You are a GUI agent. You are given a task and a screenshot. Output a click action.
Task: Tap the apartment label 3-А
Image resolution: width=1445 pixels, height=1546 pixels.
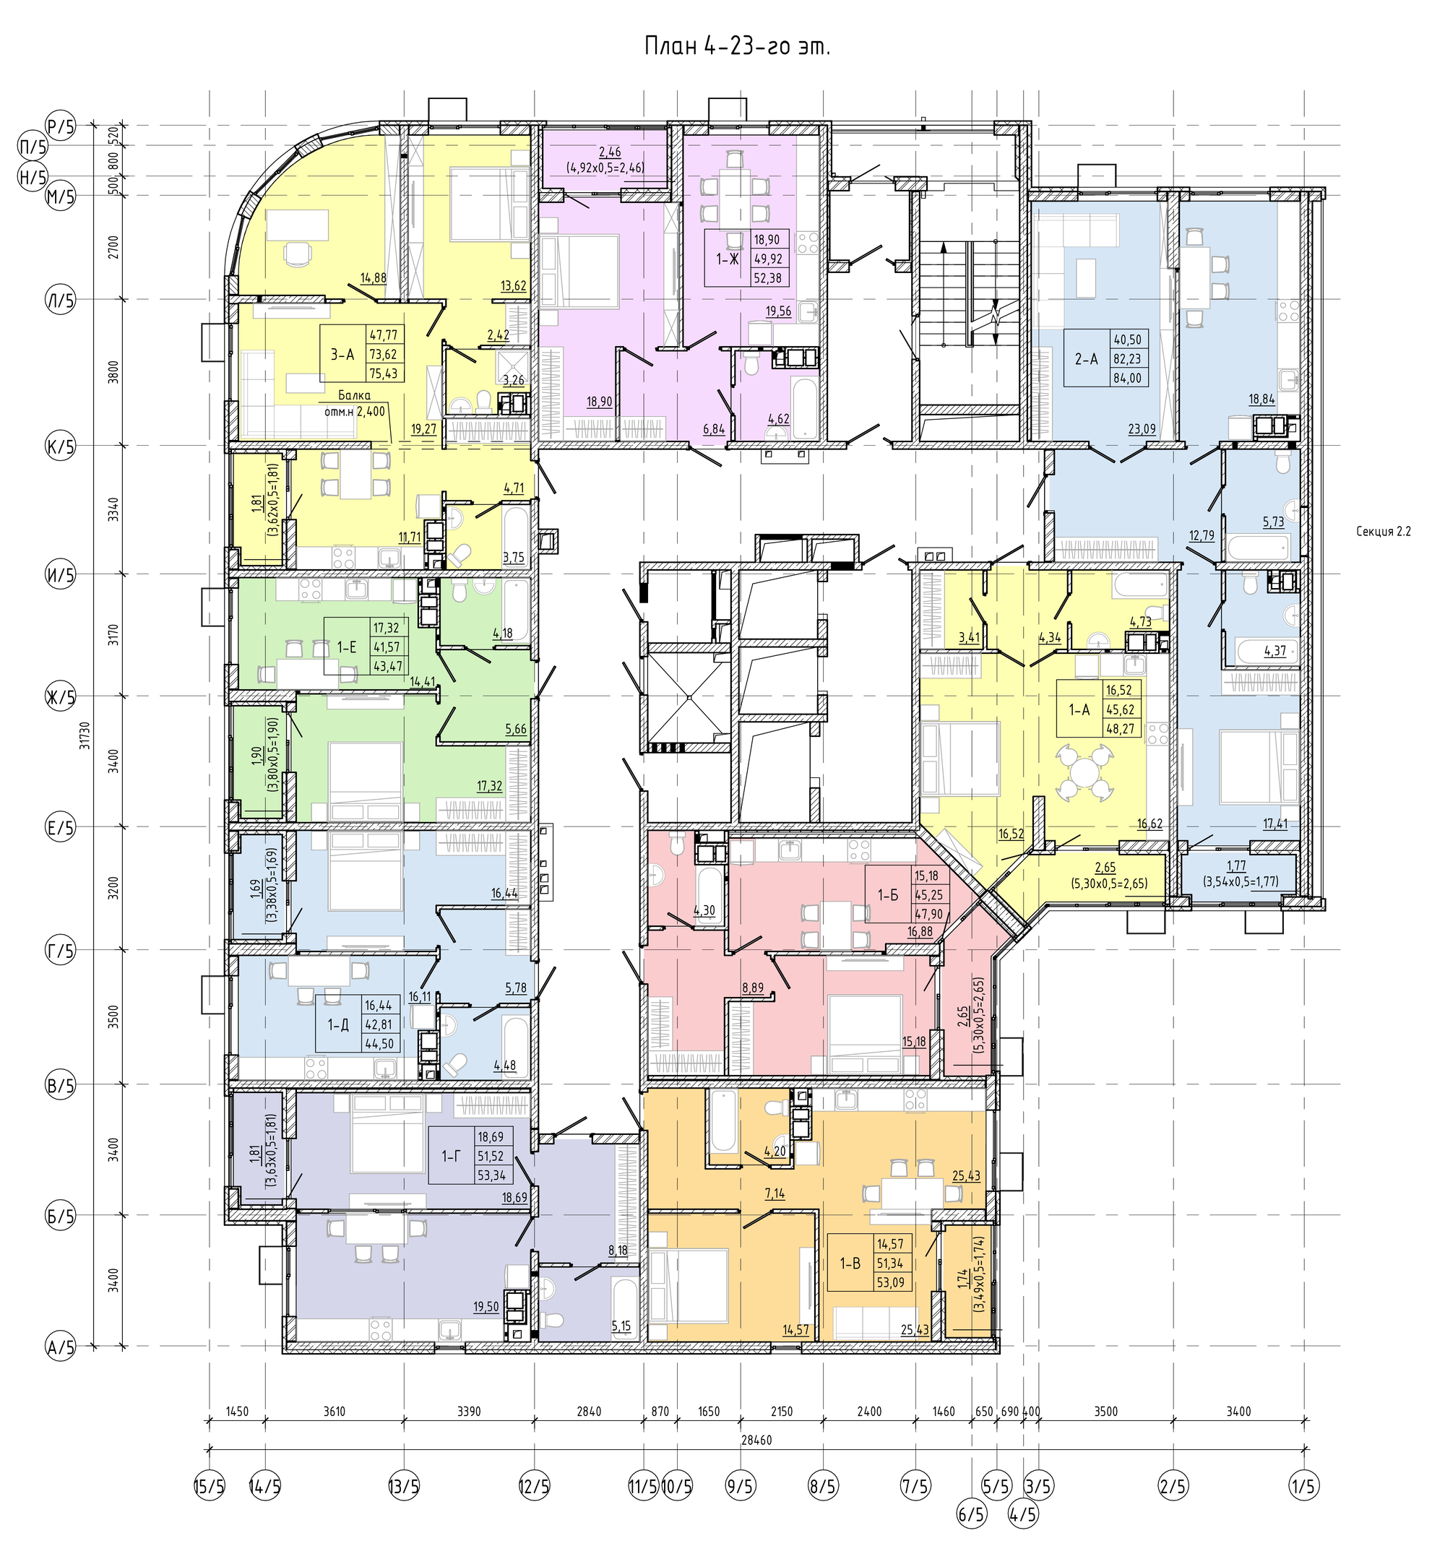pyautogui.click(x=342, y=355)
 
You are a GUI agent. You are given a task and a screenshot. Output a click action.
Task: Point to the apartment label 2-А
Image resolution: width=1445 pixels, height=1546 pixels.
pyautogui.click(x=1087, y=359)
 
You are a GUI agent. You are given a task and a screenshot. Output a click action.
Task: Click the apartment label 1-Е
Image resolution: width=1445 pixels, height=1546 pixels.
pyautogui.click(x=346, y=645)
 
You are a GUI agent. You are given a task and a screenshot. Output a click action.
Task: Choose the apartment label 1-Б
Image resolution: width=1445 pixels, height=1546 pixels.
pyautogui.click(x=887, y=895)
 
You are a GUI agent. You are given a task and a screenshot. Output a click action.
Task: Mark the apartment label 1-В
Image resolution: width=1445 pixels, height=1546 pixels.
pyautogui.click(x=849, y=1263)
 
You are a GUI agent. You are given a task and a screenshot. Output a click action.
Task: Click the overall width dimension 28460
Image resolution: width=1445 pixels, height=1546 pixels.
pyautogui.click(x=756, y=1441)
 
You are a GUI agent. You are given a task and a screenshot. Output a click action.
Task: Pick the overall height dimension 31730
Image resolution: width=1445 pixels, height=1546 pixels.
pyautogui.click(x=84, y=735)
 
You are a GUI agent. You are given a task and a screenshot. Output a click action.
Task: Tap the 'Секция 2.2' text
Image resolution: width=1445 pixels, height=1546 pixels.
pyautogui.click(x=1383, y=532)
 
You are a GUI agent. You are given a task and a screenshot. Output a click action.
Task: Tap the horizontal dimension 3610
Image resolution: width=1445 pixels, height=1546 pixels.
pyautogui.click(x=335, y=1412)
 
